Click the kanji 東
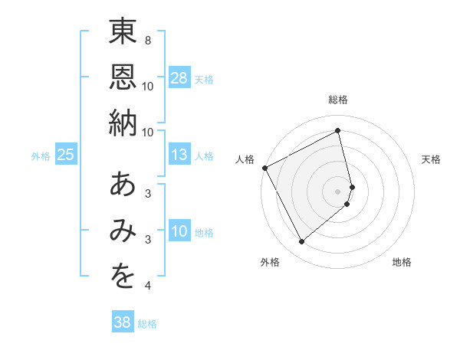(123, 32)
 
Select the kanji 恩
(123, 77)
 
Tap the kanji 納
(123, 123)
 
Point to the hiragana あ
(123, 185)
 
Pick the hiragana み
(123, 231)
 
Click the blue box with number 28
(179, 77)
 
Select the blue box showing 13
(179, 155)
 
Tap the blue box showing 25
(65, 155)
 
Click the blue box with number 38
(123, 322)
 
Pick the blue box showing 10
(179, 231)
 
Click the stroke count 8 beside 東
(147, 40)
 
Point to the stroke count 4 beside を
(147, 286)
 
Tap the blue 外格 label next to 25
(41, 155)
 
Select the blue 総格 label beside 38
(147, 323)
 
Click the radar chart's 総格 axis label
(338, 100)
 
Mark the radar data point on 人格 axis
(264, 168)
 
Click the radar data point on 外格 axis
(301, 242)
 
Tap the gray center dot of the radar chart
(338, 191)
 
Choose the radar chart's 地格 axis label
(402, 262)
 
